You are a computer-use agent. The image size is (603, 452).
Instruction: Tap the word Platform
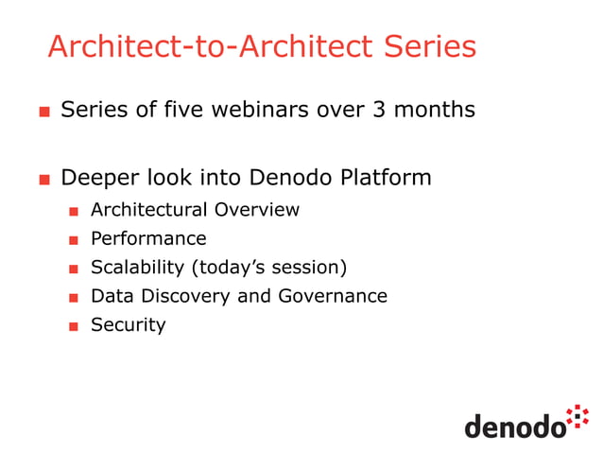click(386, 177)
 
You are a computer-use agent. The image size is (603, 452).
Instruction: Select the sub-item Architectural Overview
click(195, 210)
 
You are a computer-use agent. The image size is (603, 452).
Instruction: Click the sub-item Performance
click(148, 238)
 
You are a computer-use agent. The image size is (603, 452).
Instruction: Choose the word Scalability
click(138, 268)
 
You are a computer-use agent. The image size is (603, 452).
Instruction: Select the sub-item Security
click(128, 324)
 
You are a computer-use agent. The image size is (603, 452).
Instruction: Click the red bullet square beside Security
click(72, 326)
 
